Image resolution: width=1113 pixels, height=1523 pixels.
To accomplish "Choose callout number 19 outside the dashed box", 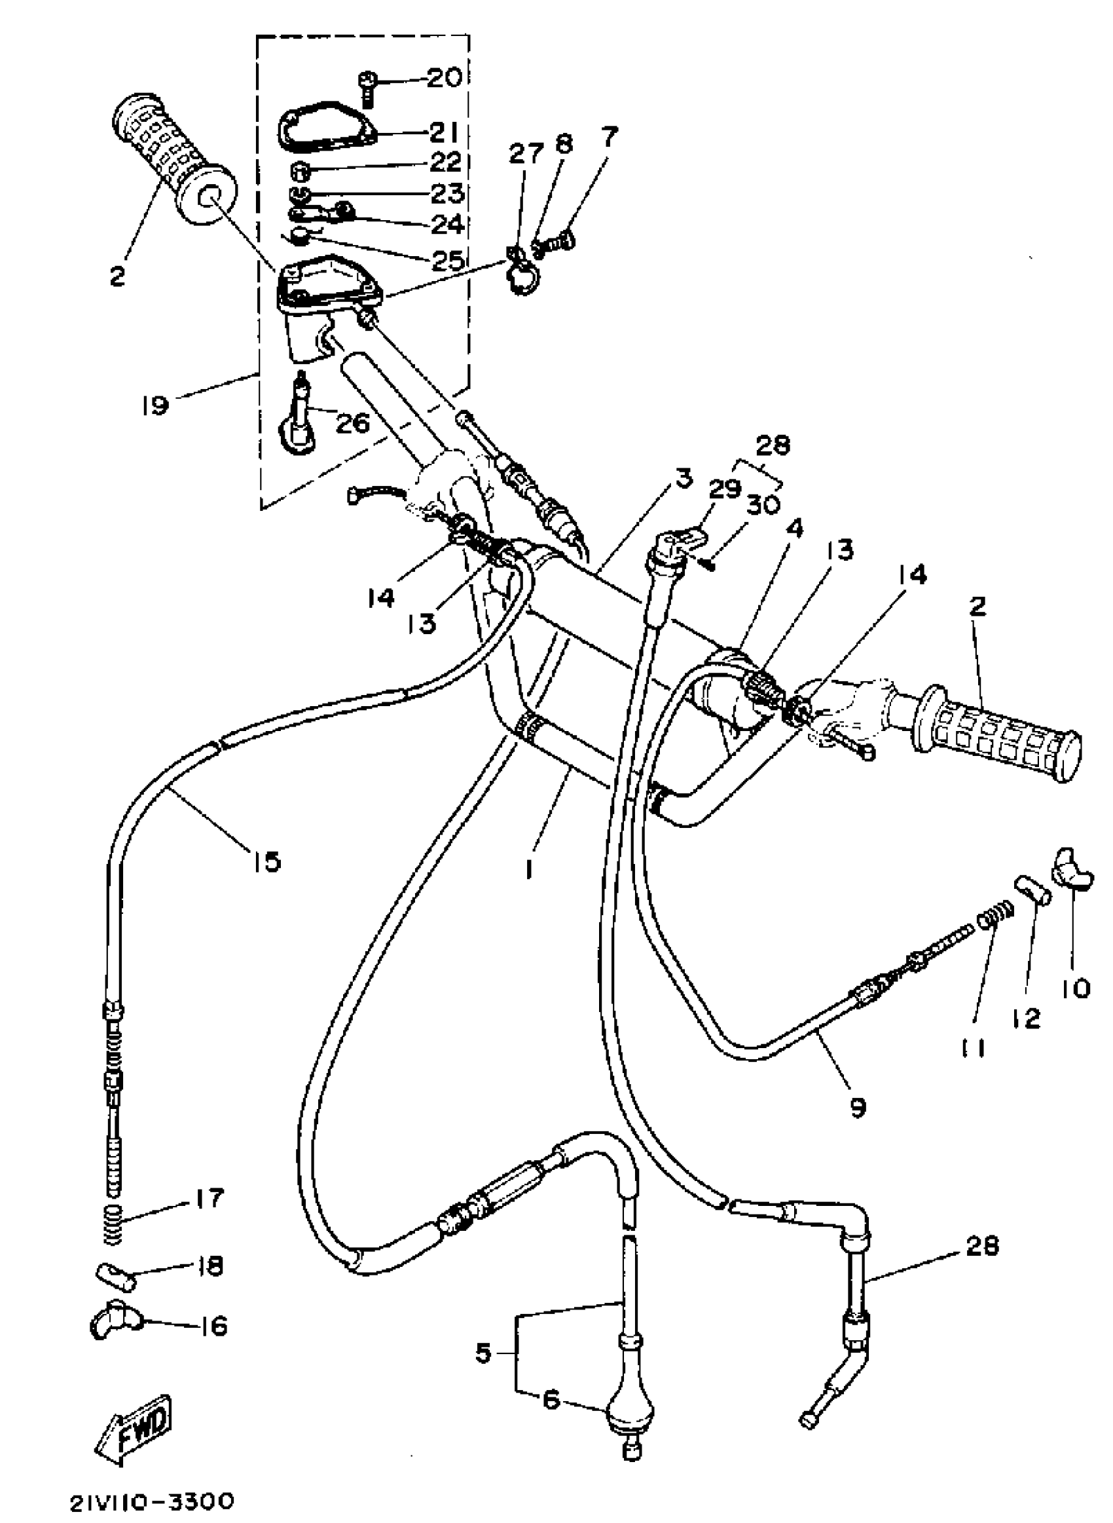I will pyautogui.click(x=155, y=405).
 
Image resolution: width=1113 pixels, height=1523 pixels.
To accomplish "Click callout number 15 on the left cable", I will pyautogui.click(x=267, y=861).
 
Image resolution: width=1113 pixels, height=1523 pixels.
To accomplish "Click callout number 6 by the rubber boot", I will pyautogui.click(x=551, y=1401).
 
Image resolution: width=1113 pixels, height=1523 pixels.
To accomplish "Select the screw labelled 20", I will pyautogui.click(x=365, y=86).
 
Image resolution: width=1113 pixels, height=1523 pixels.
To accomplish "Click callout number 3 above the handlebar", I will pyautogui.click(x=682, y=479).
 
